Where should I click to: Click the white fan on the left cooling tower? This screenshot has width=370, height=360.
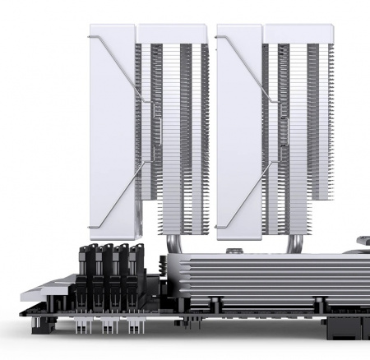tap(112, 132)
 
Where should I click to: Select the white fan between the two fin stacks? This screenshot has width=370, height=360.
tap(239, 132)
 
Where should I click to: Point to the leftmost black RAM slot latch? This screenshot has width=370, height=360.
tap(86, 257)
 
